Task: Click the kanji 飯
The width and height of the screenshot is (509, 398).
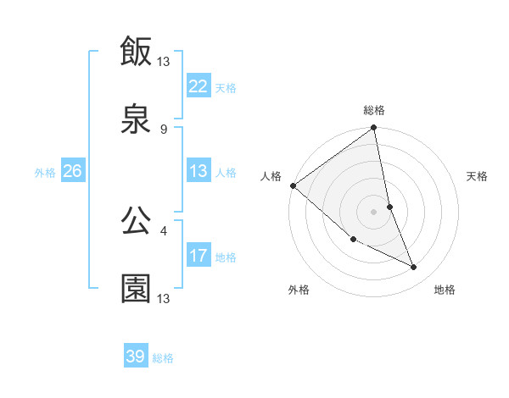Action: pos(137,52)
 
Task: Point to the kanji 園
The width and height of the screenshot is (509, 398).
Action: pos(137,289)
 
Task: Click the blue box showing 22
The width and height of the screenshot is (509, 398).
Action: pos(199,86)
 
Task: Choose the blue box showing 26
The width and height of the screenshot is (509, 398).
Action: pos(73,171)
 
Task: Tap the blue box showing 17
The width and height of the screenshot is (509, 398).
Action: pos(199,256)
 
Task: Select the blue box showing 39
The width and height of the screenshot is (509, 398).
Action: pos(136,357)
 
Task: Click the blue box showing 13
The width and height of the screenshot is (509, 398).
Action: pos(199,171)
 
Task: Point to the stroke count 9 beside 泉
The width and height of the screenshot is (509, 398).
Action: pos(163,129)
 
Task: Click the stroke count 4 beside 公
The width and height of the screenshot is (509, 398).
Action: pos(163,229)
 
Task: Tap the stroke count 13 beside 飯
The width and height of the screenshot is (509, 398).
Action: pos(165,61)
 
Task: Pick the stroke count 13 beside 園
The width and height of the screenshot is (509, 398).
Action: pos(165,298)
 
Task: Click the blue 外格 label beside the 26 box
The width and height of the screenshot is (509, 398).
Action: pos(45,172)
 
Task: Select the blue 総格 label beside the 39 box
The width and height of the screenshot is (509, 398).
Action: pos(164,358)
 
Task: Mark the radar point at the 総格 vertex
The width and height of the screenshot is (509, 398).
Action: pos(374,129)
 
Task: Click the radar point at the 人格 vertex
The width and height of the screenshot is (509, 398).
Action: pos(293,185)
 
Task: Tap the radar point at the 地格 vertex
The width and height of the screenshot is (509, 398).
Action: pos(414,268)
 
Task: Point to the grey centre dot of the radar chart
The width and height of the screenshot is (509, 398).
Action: pos(374,211)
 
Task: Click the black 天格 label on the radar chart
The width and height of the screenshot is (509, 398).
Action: pos(478,177)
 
